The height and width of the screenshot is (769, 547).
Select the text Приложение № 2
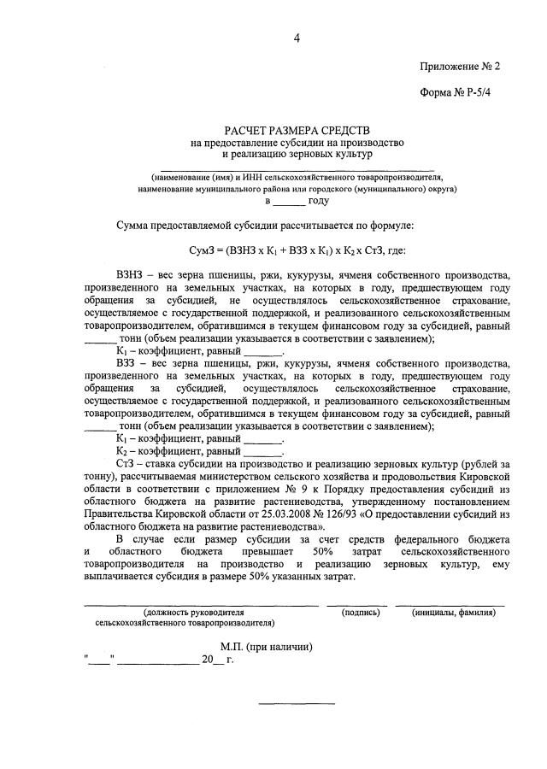(459, 66)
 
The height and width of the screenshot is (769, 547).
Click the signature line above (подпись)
(356, 605)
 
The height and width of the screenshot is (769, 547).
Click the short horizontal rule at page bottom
(297, 703)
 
